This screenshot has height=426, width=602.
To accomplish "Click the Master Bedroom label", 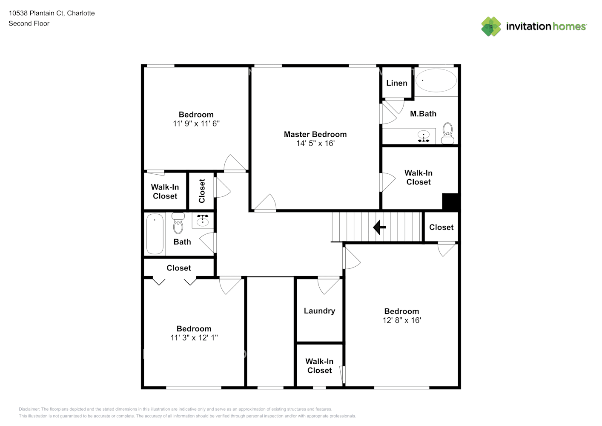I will click(x=315, y=134).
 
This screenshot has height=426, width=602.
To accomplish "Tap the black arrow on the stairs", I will click(x=379, y=227).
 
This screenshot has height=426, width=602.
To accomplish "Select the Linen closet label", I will click(x=396, y=83).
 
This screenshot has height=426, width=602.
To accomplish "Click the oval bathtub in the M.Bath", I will click(x=436, y=80).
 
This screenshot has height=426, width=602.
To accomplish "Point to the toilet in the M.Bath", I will click(x=447, y=133).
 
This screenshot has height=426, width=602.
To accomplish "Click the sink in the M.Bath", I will click(x=424, y=136).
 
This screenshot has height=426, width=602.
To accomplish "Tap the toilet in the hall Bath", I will click(x=178, y=223).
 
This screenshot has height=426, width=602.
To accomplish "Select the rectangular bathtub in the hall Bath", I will click(x=155, y=234).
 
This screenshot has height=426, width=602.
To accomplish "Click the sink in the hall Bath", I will click(x=203, y=221).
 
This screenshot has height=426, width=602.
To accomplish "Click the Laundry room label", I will click(x=319, y=311).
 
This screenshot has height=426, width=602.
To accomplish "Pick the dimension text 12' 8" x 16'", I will click(x=401, y=320).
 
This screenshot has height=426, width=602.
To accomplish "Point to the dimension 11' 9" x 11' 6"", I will click(x=196, y=124).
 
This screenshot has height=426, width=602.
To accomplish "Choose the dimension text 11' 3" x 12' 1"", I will click(x=194, y=338).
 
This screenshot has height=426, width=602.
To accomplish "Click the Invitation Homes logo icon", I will click(x=491, y=26).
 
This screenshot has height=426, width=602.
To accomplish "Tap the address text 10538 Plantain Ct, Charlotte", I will click(x=52, y=13).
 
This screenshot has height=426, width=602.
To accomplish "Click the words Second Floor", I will click(x=29, y=23).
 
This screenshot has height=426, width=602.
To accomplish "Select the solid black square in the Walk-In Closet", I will click(x=450, y=201).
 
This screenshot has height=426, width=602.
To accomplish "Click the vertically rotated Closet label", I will click(x=202, y=191).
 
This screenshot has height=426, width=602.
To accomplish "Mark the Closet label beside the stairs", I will click(x=441, y=227).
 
